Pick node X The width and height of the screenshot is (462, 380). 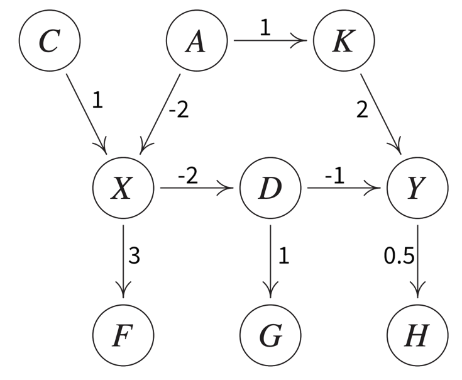click(123, 188)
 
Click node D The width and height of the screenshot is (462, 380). click(271, 188)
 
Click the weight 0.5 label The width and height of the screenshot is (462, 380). click(397, 256)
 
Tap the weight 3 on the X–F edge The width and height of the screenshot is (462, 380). click(135, 255)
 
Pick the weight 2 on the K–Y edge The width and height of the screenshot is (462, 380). click(361, 110)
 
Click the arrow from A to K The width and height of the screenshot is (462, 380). click(270, 42)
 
